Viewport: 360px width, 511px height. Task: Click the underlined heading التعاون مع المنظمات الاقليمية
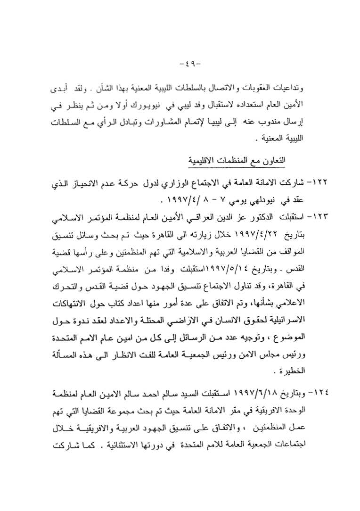240,161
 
